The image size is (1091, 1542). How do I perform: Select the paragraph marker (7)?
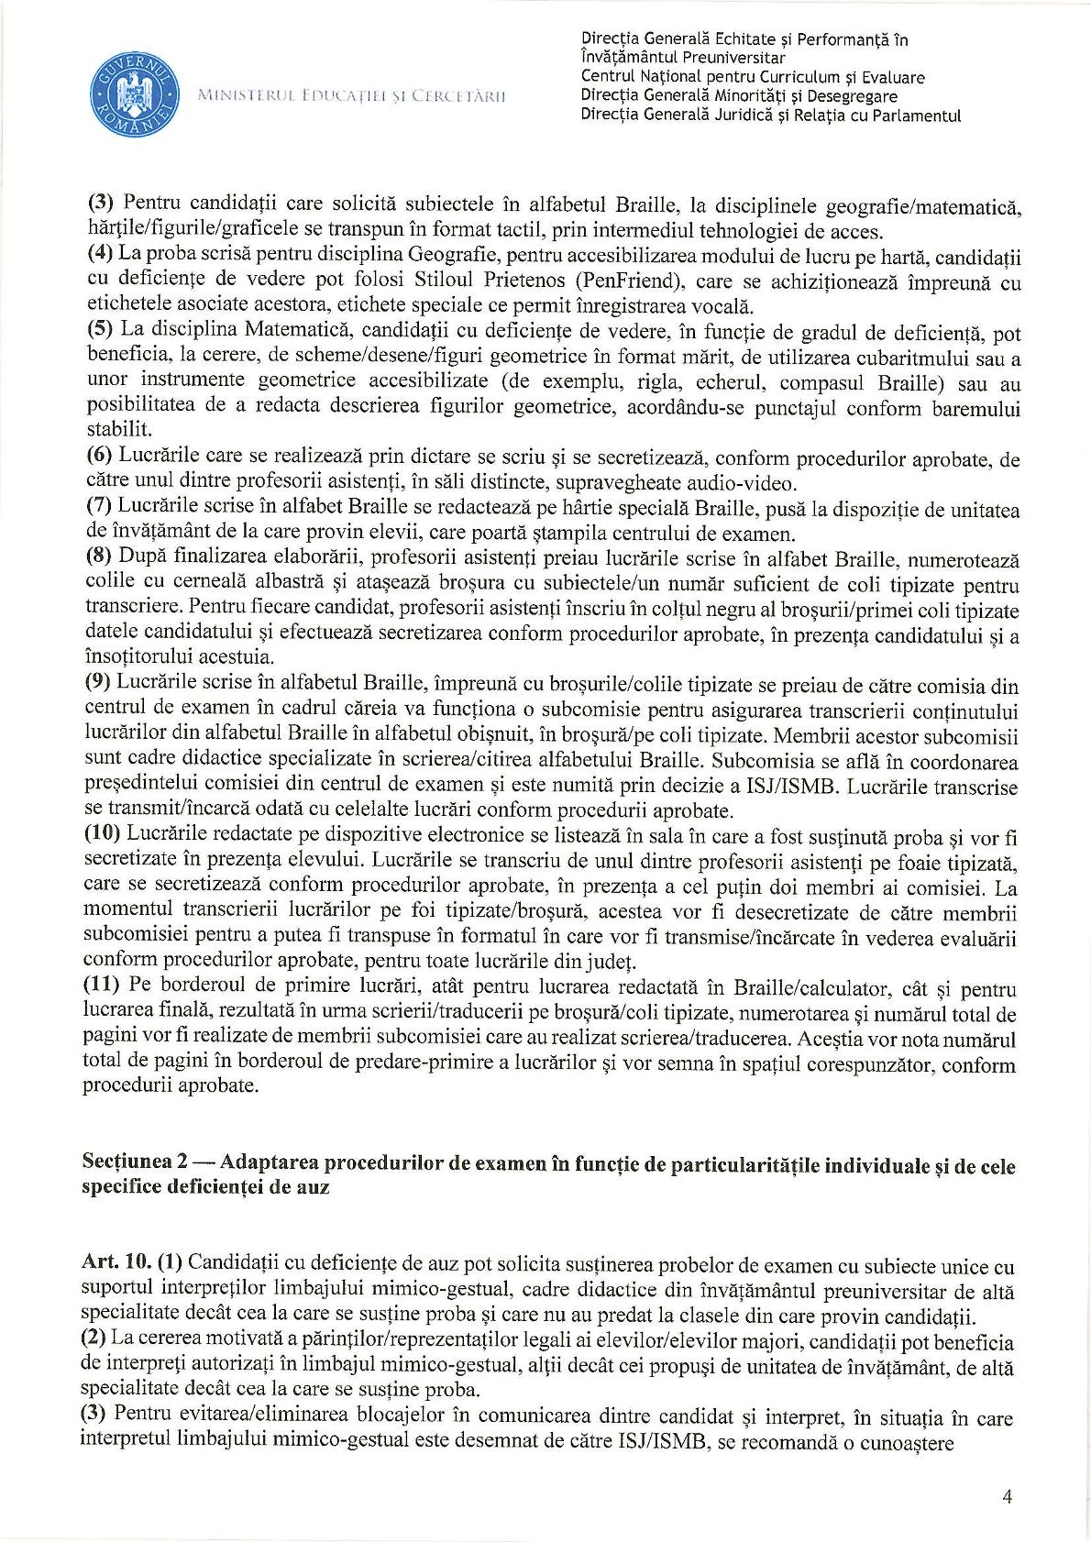tap(98, 508)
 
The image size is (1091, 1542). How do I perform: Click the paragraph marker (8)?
tap(98, 558)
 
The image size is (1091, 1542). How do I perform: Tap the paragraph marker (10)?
tap(103, 835)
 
